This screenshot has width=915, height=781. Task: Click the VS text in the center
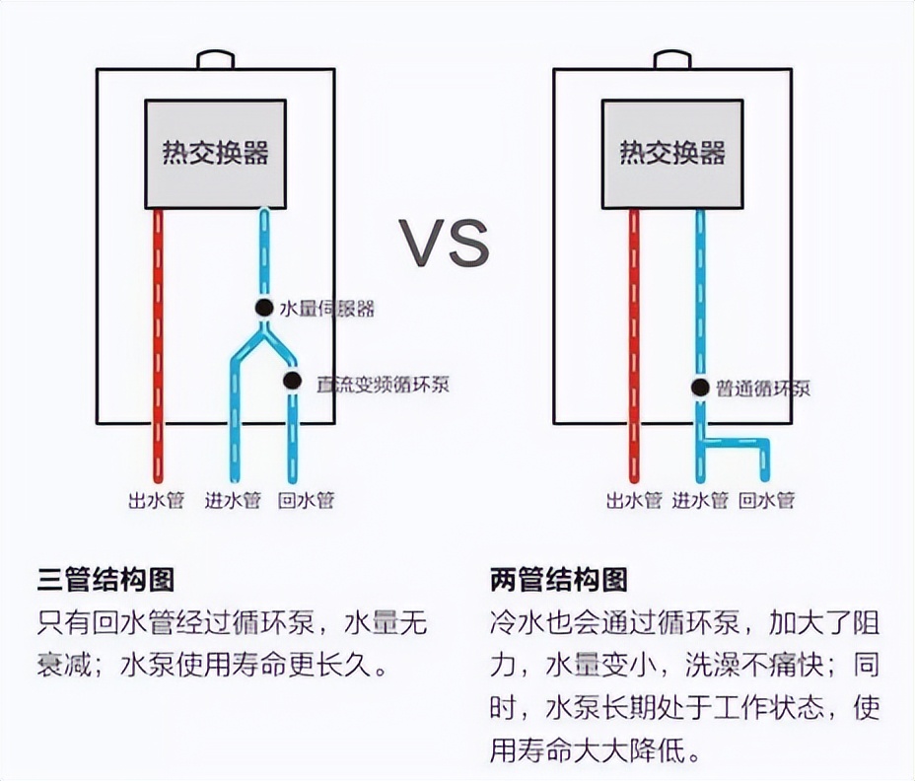coord(444,243)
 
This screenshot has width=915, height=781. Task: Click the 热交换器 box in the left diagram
coord(216,154)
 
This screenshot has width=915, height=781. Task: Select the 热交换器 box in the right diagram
coord(672,154)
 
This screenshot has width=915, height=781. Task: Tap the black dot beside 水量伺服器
coord(263,308)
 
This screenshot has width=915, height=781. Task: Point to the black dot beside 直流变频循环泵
coord(292,381)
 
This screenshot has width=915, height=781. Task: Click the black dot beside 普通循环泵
coord(700,388)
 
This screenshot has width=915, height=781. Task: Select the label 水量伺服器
coord(327,309)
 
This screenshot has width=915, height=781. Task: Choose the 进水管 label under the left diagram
coord(233,501)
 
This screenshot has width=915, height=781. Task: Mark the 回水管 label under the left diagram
coord(307,501)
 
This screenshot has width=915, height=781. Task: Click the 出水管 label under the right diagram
coord(633,501)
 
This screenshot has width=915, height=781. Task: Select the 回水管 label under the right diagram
coord(767,501)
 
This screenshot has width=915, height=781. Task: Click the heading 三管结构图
coord(106,579)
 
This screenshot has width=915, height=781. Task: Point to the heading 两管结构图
coord(558,579)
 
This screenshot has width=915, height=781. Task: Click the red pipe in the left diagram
coord(157,345)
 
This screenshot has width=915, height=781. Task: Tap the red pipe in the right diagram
coord(634,345)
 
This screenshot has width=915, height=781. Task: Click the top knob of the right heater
coord(673,60)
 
